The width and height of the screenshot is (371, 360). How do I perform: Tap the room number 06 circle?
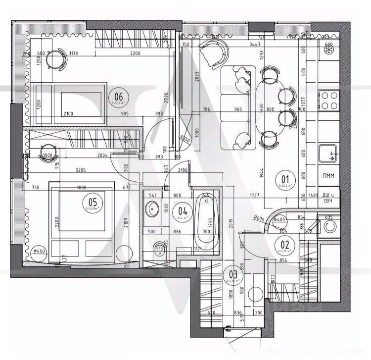[118, 96]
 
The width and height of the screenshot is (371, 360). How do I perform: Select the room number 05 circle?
[93, 202]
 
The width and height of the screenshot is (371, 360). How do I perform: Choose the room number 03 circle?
[233, 273]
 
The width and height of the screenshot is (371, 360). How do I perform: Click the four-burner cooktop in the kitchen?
[328, 100]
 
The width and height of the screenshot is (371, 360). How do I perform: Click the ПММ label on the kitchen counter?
[327, 176]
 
